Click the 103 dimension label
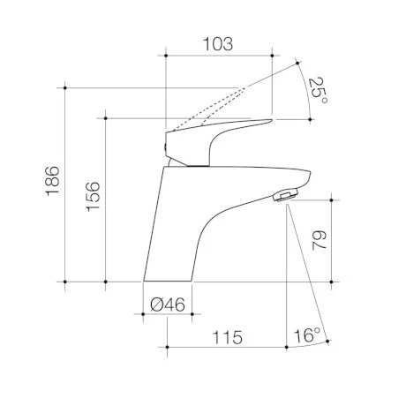tap(218, 44)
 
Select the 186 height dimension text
tap(53, 181)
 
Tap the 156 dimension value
tap(94, 196)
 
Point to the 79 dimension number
tap(320, 240)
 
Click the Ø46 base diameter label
tap(168, 304)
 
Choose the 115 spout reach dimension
tap(228, 337)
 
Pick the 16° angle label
tap(307, 335)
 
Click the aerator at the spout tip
tap(285, 195)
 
